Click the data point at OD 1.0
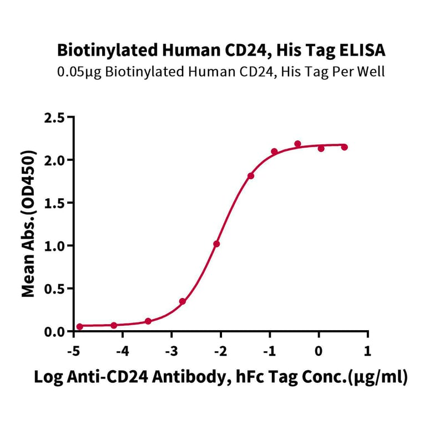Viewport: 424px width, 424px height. [216, 244]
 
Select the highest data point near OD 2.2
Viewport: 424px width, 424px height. [297, 144]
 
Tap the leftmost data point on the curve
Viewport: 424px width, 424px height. [79, 326]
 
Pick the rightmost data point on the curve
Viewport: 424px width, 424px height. [344, 147]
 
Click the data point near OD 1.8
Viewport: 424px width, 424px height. [251, 176]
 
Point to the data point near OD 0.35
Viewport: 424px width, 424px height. [183, 301]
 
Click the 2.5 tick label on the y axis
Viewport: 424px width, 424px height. [55, 117]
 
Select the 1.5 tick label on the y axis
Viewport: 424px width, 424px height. [55, 203]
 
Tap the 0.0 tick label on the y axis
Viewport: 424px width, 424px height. [55, 331]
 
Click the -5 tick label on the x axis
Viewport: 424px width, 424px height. [72, 351]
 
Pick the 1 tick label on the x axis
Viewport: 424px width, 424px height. [367, 351]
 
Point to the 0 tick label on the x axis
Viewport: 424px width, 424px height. [318, 351]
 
